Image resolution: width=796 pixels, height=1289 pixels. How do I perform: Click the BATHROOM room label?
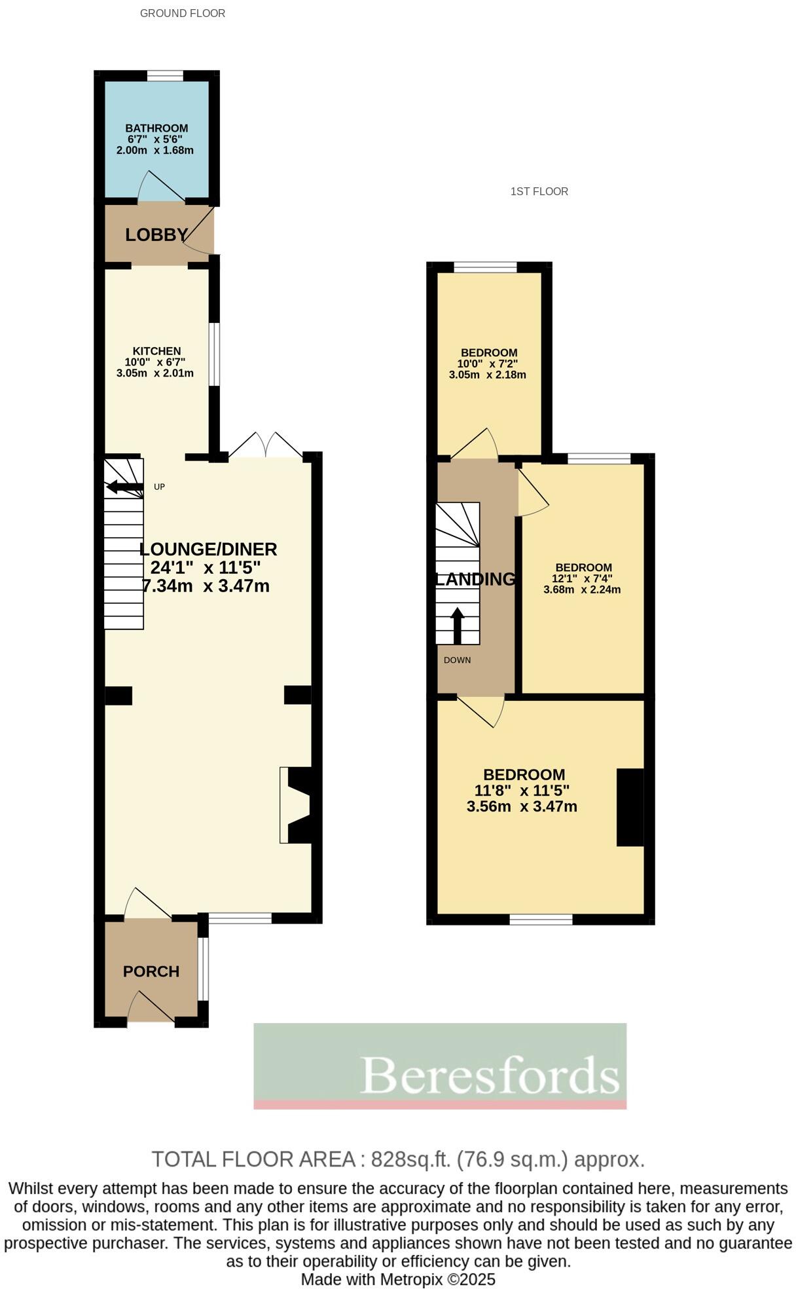coord(156,128)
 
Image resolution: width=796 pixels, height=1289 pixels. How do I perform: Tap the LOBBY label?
coord(156,234)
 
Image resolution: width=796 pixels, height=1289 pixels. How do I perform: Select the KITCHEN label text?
coord(156,351)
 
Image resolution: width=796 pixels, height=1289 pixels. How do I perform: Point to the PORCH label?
coord(151,971)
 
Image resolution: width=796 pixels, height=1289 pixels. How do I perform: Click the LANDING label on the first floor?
coord(476,579)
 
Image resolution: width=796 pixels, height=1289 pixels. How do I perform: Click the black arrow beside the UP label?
coord(124,487)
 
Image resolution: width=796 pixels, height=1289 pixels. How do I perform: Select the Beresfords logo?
coord(440,1066)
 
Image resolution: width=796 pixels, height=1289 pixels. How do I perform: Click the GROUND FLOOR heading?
coord(183,13)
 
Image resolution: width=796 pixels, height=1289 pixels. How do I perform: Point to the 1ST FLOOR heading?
coord(539,191)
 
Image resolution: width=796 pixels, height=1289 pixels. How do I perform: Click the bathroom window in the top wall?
coord(165,76)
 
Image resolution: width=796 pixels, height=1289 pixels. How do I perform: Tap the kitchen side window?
coord(214,354)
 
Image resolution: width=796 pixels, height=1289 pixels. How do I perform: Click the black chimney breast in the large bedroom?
coord(630,807)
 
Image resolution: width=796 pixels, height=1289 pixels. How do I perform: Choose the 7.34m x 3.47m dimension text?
coord(206,586)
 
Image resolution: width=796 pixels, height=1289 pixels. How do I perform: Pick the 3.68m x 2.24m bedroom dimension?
coord(582,589)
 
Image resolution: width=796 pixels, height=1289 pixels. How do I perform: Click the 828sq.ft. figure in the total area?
coord(411,1159)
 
